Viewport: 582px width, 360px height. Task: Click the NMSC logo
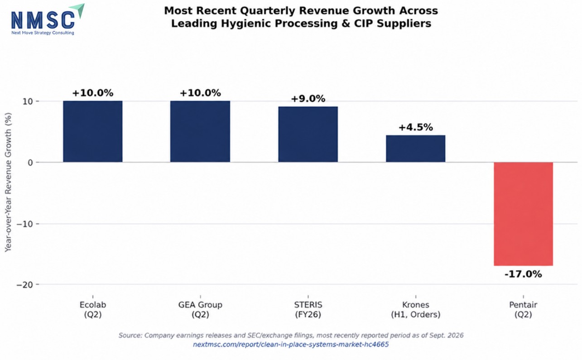click(48, 19)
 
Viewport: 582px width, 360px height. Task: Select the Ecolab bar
click(93, 131)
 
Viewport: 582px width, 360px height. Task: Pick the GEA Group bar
click(200, 131)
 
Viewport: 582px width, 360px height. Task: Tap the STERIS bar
click(308, 134)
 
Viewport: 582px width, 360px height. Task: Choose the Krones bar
click(415, 149)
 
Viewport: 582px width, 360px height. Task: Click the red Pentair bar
click(523, 214)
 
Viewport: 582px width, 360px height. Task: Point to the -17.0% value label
click(523, 274)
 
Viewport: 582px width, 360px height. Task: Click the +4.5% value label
click(416, 127)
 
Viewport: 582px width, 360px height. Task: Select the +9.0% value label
click(308, 99)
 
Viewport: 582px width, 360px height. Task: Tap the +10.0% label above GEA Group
click(200, 93)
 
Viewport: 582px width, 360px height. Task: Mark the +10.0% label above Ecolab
click(93, 93)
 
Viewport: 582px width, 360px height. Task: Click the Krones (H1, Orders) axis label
click(416, 310)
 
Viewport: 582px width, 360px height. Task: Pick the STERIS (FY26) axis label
click(308, 310)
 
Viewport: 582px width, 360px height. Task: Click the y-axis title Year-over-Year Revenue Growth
click(8, 182)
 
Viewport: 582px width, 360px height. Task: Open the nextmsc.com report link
click(291, 345)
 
